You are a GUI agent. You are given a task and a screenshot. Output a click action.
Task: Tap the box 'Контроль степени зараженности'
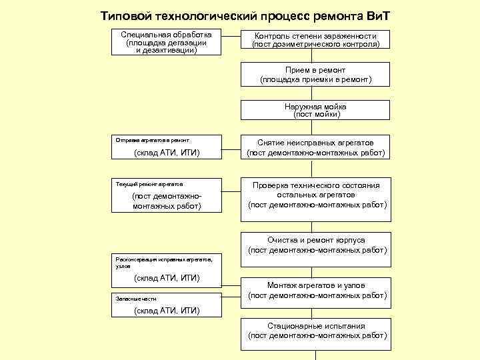(x=315, y=39)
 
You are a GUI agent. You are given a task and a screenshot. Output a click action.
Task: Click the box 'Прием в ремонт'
(x=315, y=74)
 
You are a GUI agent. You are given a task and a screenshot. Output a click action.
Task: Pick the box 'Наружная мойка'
(x=315, y=110)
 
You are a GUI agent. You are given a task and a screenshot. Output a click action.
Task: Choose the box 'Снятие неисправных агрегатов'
(x=315, y=147)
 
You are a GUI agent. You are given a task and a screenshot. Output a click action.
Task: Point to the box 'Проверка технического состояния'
(x=315, y=195)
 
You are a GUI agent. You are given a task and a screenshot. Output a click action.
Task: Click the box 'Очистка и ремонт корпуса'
(x=315, y=245)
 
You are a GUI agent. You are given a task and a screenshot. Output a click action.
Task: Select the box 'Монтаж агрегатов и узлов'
(x=315, y=290)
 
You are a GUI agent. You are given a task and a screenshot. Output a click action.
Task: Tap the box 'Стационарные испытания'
(x=315, y=331)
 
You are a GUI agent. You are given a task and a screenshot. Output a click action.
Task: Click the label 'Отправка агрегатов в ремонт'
(x=153, y=141)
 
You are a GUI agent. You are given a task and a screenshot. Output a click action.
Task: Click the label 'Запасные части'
(x=136, y=299)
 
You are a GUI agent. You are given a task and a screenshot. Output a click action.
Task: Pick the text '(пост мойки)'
(x=316, y=115)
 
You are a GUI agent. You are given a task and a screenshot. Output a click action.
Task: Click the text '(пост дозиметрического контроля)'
(x=315, y=44)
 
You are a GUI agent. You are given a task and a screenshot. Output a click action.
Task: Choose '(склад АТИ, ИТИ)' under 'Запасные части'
(x=167, y=311)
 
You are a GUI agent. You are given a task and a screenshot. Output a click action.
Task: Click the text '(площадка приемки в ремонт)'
(x=315, y=79)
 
